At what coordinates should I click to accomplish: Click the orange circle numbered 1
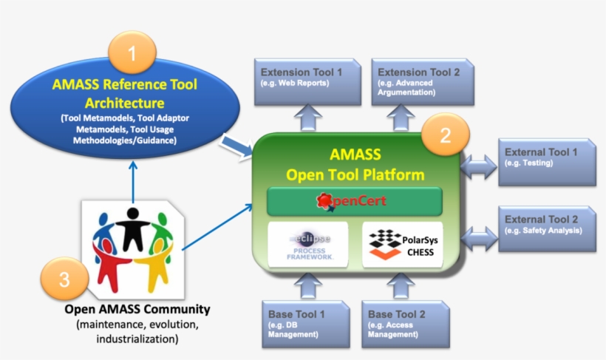(132, 54)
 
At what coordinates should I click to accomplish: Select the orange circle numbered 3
(64, 279)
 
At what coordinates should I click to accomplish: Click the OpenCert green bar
(354, 201)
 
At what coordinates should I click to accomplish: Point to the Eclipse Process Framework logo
(309, 245)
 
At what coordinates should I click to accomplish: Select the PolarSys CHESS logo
(402, 245)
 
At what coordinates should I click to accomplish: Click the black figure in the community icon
(133, 226)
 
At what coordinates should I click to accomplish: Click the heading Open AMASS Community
(137, 308)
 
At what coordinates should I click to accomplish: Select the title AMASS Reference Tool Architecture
(124, 92)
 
